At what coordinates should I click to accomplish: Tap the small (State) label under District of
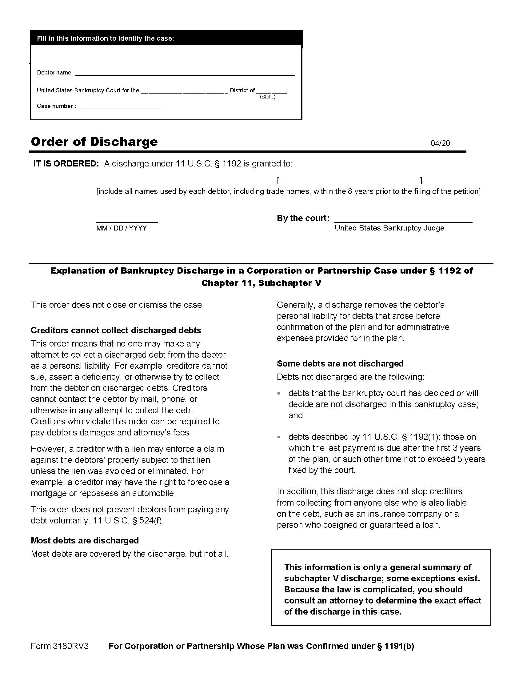point(267,97)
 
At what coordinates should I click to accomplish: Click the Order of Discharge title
point(94,142)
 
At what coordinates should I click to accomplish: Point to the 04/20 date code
point(440,143)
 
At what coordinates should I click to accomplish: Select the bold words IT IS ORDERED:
point(66,164)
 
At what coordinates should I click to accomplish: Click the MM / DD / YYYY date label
point(122,228)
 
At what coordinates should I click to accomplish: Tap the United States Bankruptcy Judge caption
point(389,228)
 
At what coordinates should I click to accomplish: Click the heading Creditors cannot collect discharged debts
point(116,330)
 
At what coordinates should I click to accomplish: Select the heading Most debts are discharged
point(85,541)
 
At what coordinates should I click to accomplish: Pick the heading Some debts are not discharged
point(340,363)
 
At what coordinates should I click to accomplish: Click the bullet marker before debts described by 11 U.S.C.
point(278,437)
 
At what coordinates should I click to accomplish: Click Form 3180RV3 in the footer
point(59,646)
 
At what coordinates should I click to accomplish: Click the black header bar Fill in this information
point(166,38)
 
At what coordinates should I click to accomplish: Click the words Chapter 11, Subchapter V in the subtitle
point(261,283)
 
